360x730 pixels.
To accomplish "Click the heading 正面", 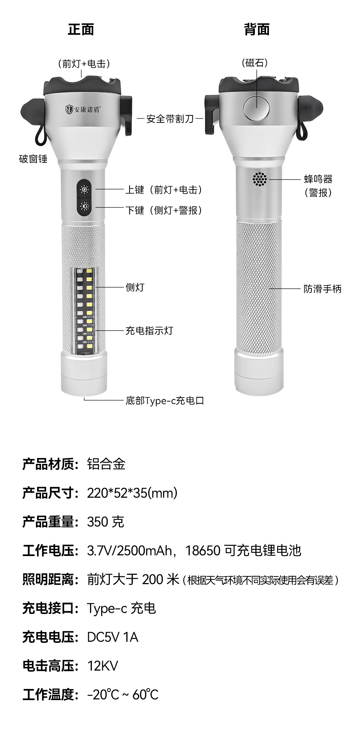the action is pyautogui.click(x=81, y=30).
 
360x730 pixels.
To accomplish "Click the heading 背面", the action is pyautogui.click(x=257, y=30).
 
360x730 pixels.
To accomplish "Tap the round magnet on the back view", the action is pyautogui.click(x=257, y=107).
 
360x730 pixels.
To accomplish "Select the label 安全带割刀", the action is pyautogui.click(x=170, y=119).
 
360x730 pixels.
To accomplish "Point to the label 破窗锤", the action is pyautogui.click(x=33, y=159).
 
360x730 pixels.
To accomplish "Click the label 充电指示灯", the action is pyautogui.click(x=149, y=331).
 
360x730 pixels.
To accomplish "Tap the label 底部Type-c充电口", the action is pyautogui.click(x=165, y=400).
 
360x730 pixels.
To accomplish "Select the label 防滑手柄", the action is pyautogui.click(x=322, y=289).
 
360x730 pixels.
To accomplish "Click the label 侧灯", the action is pyautogui.click(x=135, y=287).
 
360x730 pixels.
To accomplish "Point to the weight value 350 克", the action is pyautogui.click(x=105, y=522).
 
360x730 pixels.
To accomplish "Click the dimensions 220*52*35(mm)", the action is pyautogui.click(x=132, y=493).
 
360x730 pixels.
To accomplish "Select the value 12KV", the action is pyautogui.click(x=103, y=666).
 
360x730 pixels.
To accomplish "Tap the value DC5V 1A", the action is pyautogui.click(x=113, y=637).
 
